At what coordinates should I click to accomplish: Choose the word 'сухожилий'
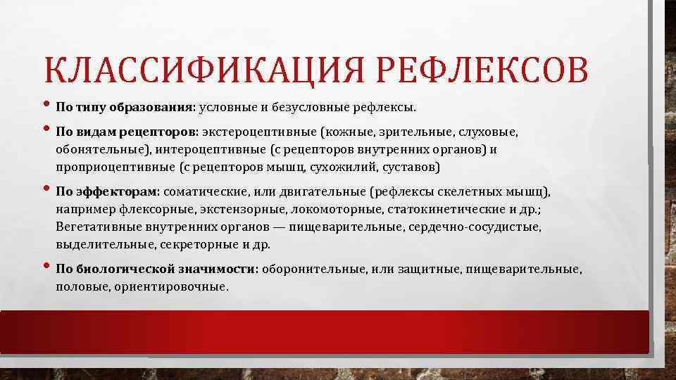pos(343,167)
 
